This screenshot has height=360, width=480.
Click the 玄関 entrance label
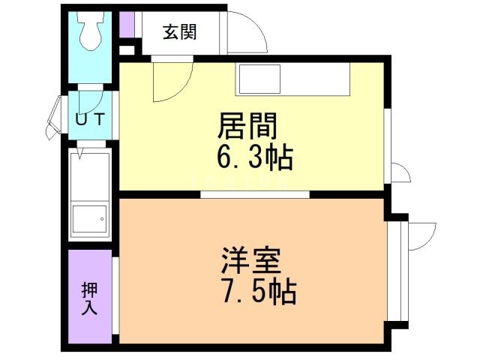point(179,33)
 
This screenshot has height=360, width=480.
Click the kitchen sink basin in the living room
point(259,79)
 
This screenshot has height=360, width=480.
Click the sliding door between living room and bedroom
point(255,195)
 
